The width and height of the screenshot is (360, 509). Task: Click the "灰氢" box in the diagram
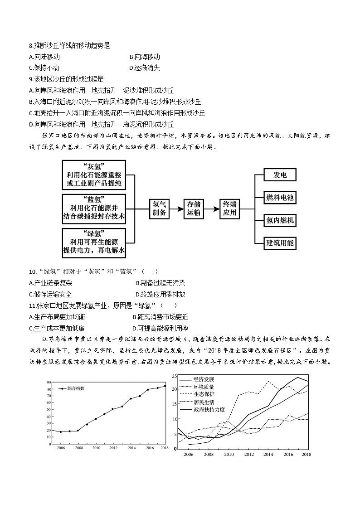click(x=94, y=175)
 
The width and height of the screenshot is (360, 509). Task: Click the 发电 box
click(x=280, y=175)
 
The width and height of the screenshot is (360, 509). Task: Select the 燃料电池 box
click(x=280, y=198)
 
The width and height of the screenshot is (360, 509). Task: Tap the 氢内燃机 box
click(x=280, y=220)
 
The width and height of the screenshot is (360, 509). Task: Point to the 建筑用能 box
click(x=280, y=243)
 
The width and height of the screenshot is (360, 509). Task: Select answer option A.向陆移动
click(x=44, y=57)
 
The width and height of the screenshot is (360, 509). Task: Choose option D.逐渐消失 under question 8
click(x=144, y=68)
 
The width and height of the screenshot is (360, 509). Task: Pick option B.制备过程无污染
click(x=160, y=283)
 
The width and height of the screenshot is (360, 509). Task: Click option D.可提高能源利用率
click(x=160, y=328)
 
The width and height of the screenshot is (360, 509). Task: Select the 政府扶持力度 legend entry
click(x=209, y=409)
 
